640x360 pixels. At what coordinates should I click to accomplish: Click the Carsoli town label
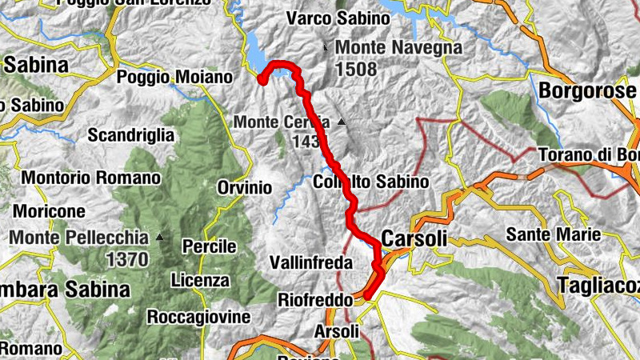click(x=414, y=238)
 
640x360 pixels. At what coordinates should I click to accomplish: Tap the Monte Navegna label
click(x=398, y=48)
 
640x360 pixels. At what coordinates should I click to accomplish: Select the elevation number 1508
click(x=356, y=69)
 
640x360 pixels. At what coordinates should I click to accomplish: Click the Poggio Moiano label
click(x=174, y=78)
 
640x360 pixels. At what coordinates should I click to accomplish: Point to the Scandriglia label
click(x=131, y=135)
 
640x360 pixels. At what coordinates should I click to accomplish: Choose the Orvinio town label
click(x=244, y=188)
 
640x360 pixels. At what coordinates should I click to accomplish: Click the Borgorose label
click(x=587, y=90)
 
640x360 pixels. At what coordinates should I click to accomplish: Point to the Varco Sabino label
click(x=327, y=17)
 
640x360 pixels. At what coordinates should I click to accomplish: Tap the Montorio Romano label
click(x=91, y=177)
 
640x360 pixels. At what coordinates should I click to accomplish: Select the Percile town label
click(x=210, y=246)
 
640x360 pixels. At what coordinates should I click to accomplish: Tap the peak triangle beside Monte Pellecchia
click(x=160, y=237)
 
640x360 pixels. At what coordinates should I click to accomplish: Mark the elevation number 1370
click(x=126, y=259)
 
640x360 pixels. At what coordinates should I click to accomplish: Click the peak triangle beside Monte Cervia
click(x=342, y=122)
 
